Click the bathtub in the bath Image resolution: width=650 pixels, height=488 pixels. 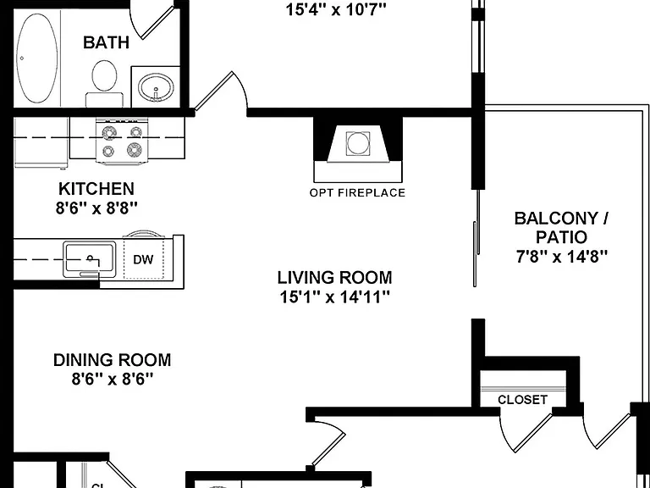tap(37, 58)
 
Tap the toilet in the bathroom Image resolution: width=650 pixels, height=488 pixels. tap(104, 83)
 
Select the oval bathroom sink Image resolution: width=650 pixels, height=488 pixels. tap(156, 87)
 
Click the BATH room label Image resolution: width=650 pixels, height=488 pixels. tap(106, 42)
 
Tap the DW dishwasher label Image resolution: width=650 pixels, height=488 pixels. tap(143, 260)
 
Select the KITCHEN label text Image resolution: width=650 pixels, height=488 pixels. tap(96, 189)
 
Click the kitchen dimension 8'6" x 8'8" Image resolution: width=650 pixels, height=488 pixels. tap(96, 208)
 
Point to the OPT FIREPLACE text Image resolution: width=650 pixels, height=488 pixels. tap(357, 192)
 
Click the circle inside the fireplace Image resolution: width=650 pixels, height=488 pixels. tap(358, 143)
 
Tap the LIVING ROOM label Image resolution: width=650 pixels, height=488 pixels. tap(334, 277)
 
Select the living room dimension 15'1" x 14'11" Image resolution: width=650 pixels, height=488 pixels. tap(334, 297)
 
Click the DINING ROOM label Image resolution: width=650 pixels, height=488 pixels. tap(112, 360)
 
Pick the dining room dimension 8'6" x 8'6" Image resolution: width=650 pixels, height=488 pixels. tap(112, 379)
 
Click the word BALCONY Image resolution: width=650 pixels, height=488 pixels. tap(556, 219)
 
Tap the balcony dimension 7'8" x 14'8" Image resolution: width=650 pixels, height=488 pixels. tap(562, 257)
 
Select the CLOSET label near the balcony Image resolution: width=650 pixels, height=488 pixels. tap(522, 400)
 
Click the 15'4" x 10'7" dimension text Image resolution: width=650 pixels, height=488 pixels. tap(336, 9)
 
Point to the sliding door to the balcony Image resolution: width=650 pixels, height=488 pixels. tap(476, 238)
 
